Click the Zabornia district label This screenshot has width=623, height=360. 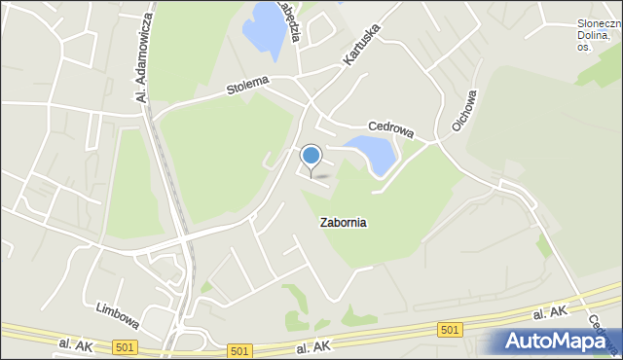(x=343, y=222)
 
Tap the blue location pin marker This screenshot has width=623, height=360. (x=311, y=156)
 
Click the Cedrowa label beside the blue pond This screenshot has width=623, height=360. (x=390, y=126)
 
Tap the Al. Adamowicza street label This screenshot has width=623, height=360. (x=144, y=57)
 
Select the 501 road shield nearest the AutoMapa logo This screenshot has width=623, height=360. (x=450, y=331)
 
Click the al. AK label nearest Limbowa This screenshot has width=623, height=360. (x=74, y=344)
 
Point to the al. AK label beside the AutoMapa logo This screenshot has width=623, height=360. (x=551, y=314)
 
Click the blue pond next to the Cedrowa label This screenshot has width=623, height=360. (x=371, y=151)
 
